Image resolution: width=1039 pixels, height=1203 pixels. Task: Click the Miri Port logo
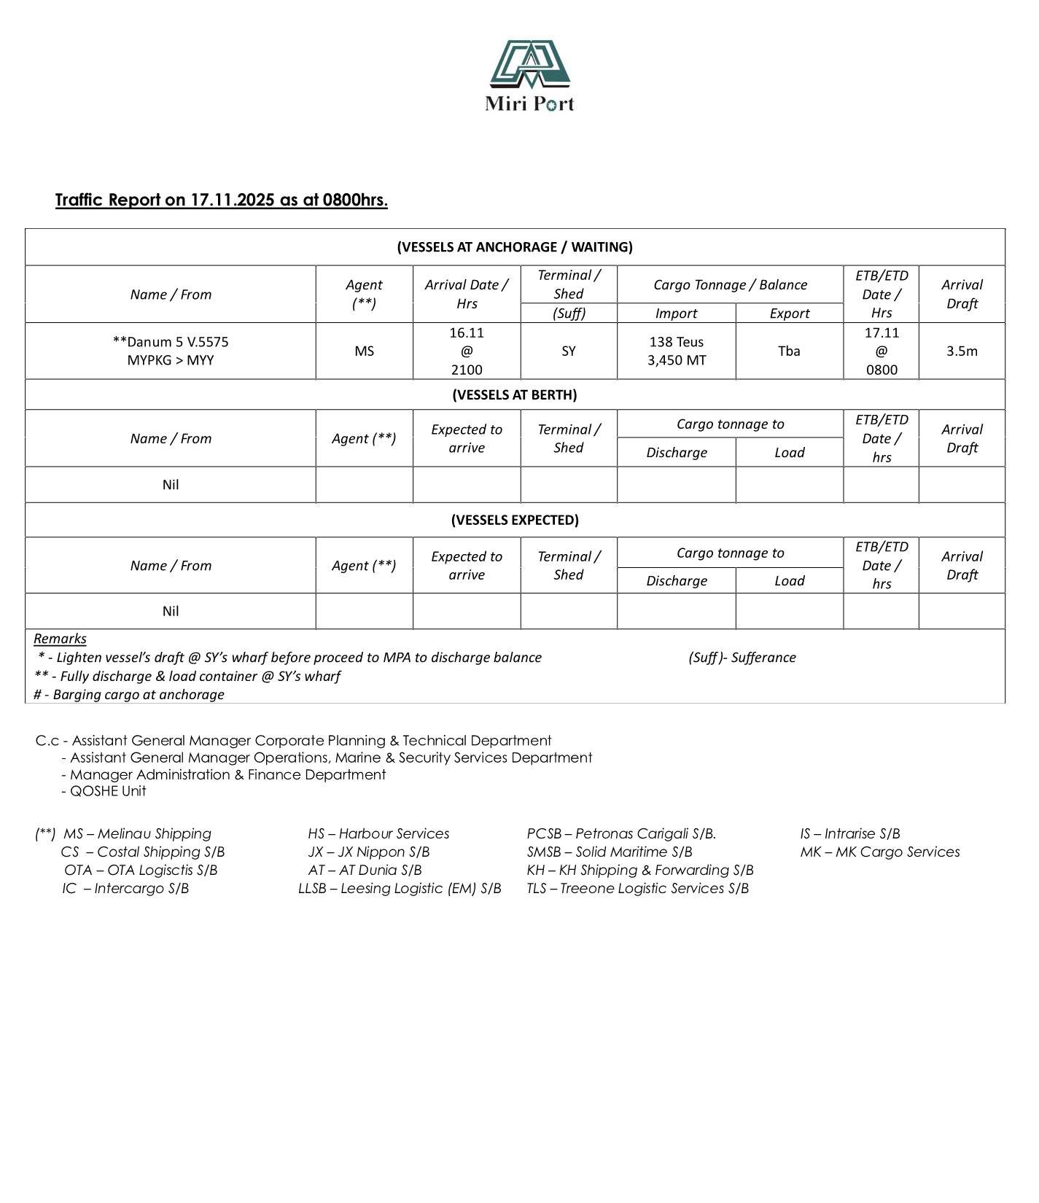pos(529,76)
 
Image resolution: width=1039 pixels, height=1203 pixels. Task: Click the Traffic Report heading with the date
pos(221,200)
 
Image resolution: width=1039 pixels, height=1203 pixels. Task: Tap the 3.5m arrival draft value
pos(961,351)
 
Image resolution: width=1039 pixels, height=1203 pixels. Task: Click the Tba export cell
pos(789,351)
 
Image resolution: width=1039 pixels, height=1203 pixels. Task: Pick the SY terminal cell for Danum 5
pos(568,351)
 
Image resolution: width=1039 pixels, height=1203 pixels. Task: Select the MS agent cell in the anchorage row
pos(364,351)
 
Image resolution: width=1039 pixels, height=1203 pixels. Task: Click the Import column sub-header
pos(676,314)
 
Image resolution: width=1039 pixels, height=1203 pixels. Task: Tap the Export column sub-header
pos(789,314)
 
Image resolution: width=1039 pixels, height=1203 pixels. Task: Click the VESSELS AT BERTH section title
pos(514,394)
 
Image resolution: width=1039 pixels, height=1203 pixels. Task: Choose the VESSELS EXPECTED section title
pos(514,520)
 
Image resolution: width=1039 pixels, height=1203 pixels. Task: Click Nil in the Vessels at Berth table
pos(171,485)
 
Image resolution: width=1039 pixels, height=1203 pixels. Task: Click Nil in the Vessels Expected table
pos(171,611)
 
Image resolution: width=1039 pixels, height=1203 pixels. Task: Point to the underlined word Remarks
pos(60,639)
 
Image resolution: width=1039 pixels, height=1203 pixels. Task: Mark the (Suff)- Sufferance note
pos(742,658)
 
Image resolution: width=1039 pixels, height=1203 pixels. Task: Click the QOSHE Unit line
pos(107,791)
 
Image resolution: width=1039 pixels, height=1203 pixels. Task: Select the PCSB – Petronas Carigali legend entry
pos(621,833)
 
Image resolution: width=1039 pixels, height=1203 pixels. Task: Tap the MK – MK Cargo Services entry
pos(879,852)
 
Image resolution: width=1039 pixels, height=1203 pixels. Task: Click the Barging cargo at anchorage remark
pos(129,695)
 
